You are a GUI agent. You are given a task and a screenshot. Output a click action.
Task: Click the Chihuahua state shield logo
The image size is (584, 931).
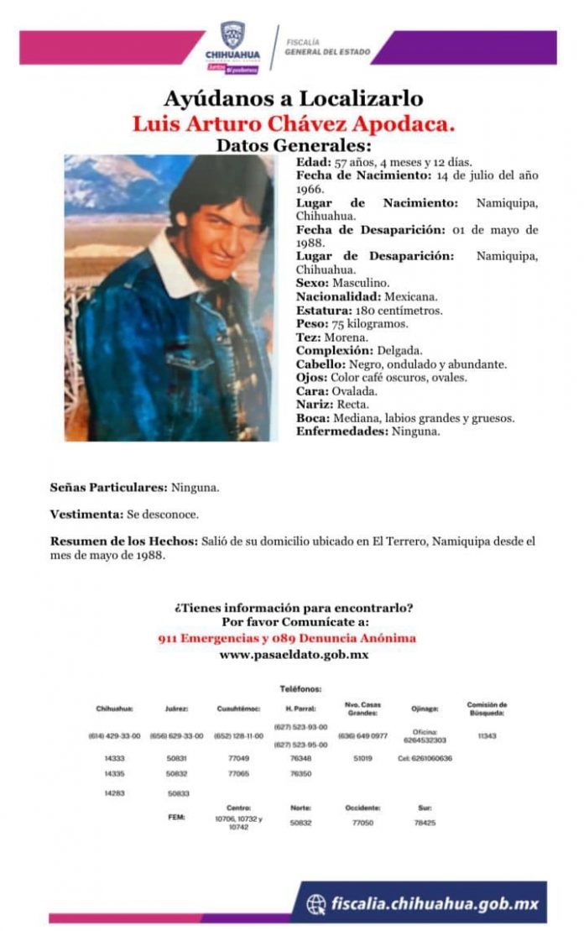coord(232,35)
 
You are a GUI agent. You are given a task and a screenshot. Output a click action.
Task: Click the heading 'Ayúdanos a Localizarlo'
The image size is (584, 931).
coord(293,99)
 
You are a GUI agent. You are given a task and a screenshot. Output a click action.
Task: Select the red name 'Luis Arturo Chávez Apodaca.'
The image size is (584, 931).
coord(293,123)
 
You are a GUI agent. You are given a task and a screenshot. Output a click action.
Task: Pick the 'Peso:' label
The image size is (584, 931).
coord(311,323)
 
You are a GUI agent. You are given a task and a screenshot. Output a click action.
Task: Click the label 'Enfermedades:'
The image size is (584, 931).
coord(341,431)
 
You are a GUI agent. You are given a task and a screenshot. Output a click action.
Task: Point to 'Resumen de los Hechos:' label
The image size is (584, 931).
coord(124,541)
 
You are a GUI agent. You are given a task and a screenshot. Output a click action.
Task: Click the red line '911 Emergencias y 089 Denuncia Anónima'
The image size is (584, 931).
coord(287,638)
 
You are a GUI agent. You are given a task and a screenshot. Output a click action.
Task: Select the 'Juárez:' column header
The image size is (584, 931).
coord(176,708)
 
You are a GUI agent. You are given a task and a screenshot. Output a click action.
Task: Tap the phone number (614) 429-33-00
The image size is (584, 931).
coord(114,735)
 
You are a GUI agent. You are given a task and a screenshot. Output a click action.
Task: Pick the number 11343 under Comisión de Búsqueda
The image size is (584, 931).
coord(487,735)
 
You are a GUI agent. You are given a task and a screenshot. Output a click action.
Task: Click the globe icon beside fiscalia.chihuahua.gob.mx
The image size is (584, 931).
coord(315,903)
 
